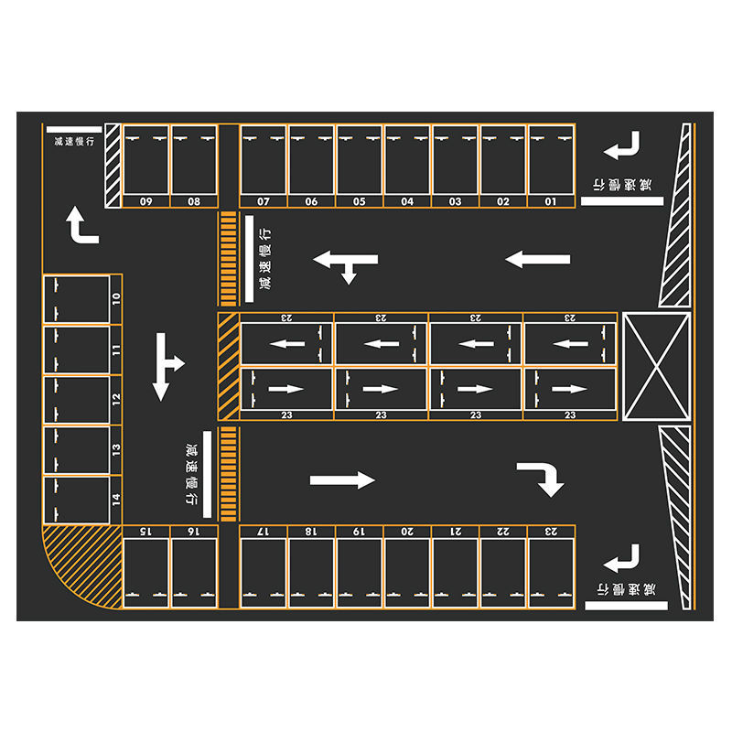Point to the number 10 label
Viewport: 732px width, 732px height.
pos(116,298)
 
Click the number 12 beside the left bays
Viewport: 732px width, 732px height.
pos(116,399)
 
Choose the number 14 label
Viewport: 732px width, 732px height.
pos(116,500)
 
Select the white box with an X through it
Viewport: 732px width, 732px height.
pos(655,366)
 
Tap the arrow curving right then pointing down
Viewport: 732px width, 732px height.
pos(541,478)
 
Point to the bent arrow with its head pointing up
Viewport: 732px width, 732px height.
pos(81,225)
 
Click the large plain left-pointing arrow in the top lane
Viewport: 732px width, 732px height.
pos(538,259)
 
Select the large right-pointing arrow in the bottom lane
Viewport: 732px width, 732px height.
pos(342,480)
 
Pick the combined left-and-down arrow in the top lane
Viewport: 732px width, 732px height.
pos(346,264)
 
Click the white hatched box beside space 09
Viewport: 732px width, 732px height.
pos(113,166)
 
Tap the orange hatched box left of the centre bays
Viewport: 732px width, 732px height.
pos(228,366)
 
